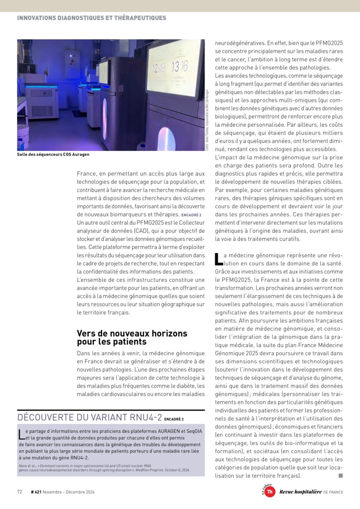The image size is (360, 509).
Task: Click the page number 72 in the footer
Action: click(20, 492)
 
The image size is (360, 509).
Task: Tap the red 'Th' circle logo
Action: click(270, 492)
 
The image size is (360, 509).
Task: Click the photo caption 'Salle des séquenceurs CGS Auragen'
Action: click(53, 154)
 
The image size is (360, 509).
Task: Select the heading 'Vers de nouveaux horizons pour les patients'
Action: click(132, 337)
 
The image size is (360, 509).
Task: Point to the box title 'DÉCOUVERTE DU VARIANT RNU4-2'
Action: click(90, 417)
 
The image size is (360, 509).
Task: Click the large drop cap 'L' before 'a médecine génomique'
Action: click(218, 259)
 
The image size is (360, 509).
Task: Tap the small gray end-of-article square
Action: click(340, 476)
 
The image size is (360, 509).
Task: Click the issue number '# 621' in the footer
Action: click(36, 492)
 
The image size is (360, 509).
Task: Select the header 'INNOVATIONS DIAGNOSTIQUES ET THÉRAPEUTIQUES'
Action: click(91, 18)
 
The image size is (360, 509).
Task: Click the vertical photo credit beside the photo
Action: click(207, 120)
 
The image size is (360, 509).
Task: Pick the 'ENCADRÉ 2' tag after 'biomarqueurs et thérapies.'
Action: click(191, 215)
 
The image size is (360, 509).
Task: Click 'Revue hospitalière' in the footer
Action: click(300, 492)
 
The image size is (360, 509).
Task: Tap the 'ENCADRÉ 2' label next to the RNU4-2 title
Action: click(174, 419)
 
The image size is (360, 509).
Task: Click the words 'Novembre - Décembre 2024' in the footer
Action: click(69, 492)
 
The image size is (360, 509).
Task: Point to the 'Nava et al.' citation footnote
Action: click(104, 468)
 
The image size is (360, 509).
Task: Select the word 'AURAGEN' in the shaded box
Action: click(166, 431)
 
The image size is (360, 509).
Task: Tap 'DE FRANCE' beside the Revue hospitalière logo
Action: click(333, 492)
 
